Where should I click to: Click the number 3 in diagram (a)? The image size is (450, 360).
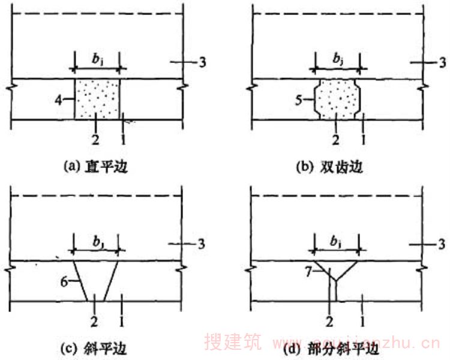[x=203, y=62]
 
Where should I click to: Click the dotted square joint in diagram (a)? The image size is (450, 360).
[x=97, y=99]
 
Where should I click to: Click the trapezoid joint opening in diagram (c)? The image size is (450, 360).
[x=96, y=281]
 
